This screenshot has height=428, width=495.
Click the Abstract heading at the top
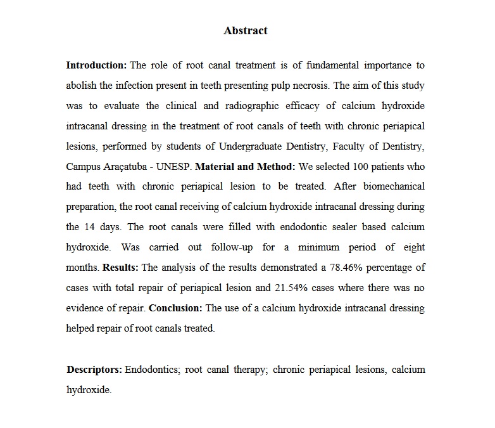246,30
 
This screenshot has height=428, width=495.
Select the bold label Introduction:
96,65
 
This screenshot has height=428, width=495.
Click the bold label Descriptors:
94,369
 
